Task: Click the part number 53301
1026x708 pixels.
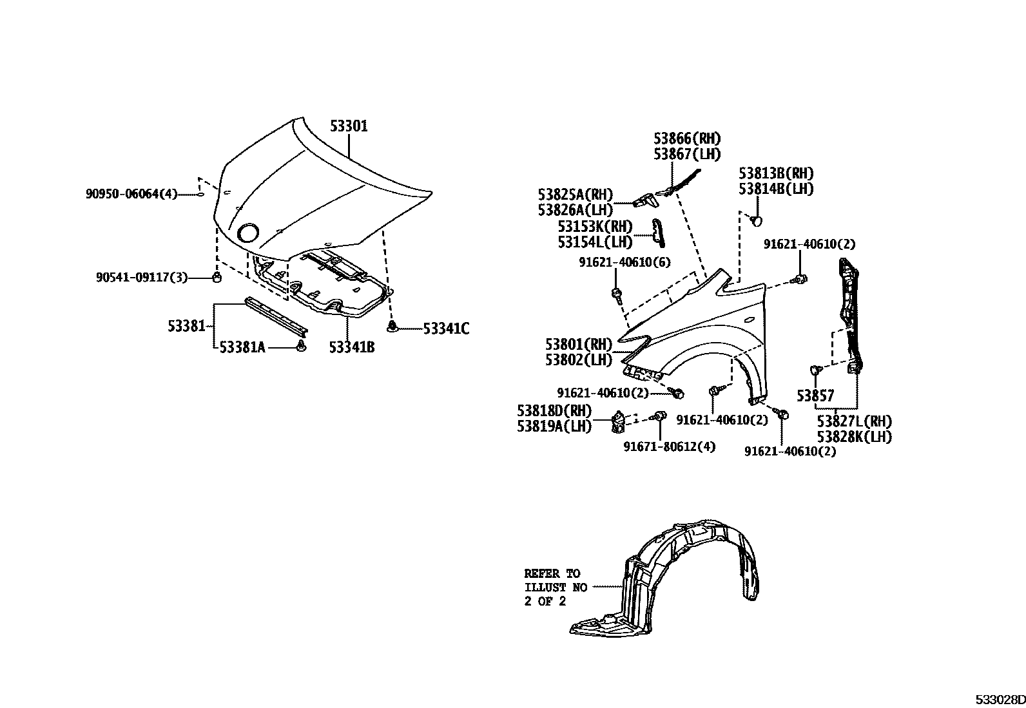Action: tap(349, 126)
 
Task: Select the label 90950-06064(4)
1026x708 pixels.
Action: tap(131, 193)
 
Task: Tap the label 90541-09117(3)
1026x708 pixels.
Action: tap(141, 277)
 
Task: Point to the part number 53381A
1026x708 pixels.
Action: tap(242, 348)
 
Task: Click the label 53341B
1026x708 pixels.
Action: tap(351, 348)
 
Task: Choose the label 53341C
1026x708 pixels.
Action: tap(446, 329)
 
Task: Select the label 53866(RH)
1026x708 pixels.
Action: tap(687, 139)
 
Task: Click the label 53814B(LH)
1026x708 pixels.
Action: tap(776, 189)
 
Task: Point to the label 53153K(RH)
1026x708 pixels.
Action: tap(595, 227)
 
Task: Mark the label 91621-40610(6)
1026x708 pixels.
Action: tap(615, 262)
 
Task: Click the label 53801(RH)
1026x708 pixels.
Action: tap(578, 344)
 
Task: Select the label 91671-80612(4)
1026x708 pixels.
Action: tap(669, 446)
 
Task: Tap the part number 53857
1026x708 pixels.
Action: tap(815, 396)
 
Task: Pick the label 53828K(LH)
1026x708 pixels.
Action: tap(854, 437)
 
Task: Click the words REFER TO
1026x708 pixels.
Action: tap(552, 573)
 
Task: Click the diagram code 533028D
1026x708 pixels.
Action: tap(999, 700)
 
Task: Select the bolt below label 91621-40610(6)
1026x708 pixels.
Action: tap(617, 295)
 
